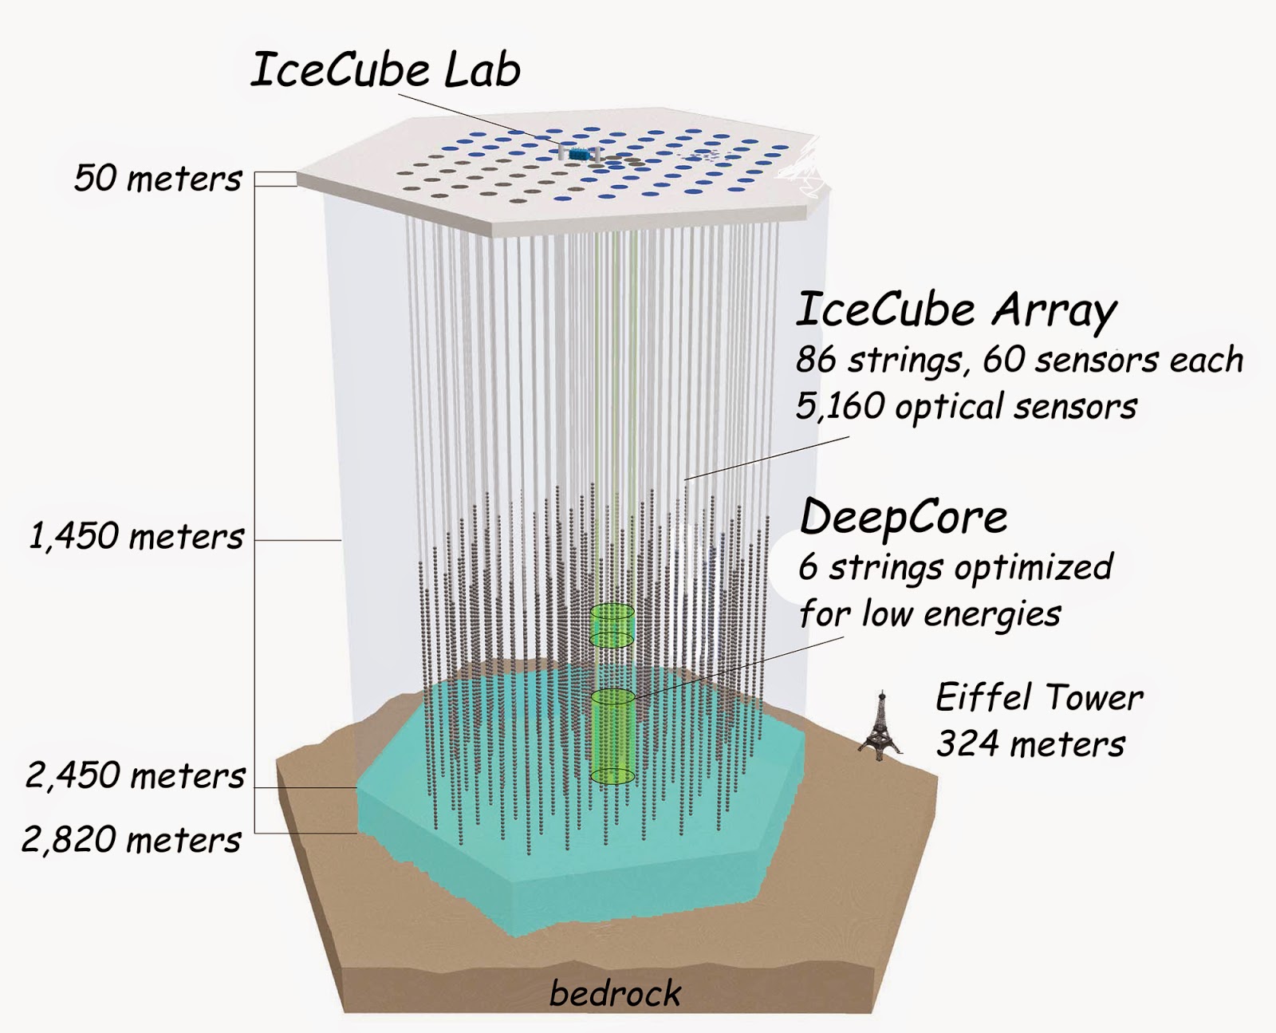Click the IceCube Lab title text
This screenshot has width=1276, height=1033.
click(386, 70)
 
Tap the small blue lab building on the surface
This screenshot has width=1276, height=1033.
click(580, 153)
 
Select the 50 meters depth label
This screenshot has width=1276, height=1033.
click(158, 178)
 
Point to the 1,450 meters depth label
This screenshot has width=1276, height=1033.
click(136, 536)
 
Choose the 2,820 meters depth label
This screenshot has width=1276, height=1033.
click(132, 840)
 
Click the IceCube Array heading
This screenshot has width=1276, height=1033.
click(956, 310)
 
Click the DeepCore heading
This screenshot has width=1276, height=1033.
click(904, 518)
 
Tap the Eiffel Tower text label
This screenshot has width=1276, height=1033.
click(1039, 697)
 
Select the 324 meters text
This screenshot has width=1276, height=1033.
click(1030, 744)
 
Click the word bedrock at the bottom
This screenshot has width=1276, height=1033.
click(615, 994)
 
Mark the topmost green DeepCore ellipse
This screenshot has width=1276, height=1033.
click(612, 612)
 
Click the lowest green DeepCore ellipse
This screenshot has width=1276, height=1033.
click(612, 775)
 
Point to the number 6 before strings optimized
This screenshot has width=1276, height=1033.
click(809, 568)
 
